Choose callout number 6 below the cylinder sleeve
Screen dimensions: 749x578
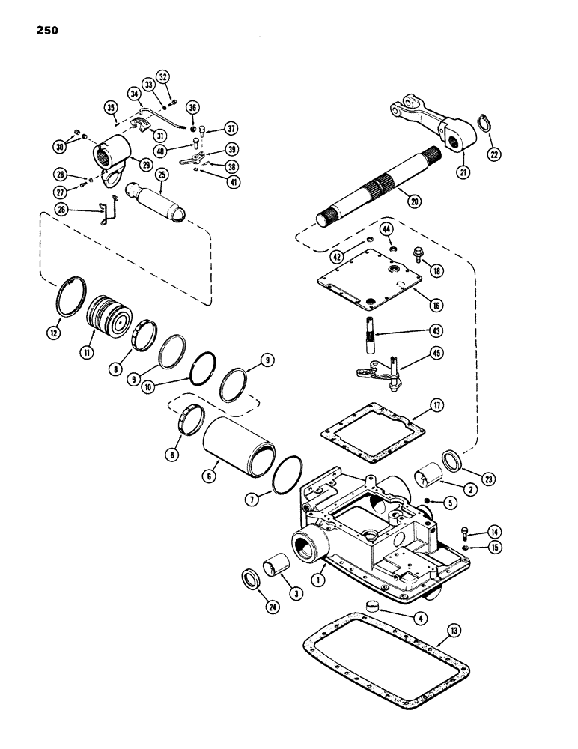coord(212,476)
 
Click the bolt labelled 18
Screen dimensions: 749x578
coord(419,256)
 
